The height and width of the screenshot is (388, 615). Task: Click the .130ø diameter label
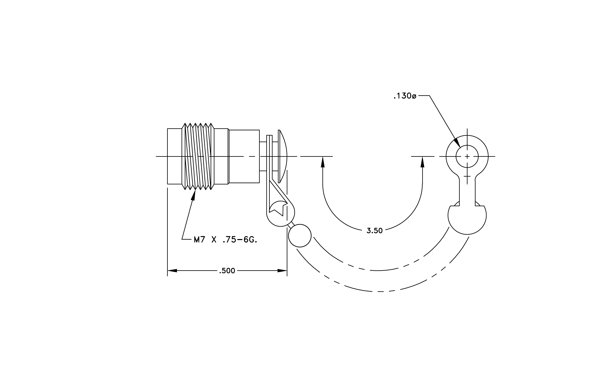(x=405, y=96)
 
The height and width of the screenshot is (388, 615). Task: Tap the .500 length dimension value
(x=227, y=271)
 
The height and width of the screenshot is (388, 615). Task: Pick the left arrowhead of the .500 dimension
(x=172, y=270)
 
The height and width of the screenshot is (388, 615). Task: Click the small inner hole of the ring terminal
(x=467, y=156)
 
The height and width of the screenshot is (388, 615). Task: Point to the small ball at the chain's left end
(x=300, y=236)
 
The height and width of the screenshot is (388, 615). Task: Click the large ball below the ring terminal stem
(x=467, y=220)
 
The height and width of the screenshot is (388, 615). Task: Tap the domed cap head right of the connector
(x=283, y=156)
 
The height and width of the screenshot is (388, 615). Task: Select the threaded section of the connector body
(x=198, y=156)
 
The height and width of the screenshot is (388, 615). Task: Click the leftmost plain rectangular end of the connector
(x=175, y=156)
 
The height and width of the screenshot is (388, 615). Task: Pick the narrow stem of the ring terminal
(x=467, y=191)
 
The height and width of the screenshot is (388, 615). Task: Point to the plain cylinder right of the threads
(x=244, y=156)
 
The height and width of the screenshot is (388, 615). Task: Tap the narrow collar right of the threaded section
(x=221, y=156)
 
